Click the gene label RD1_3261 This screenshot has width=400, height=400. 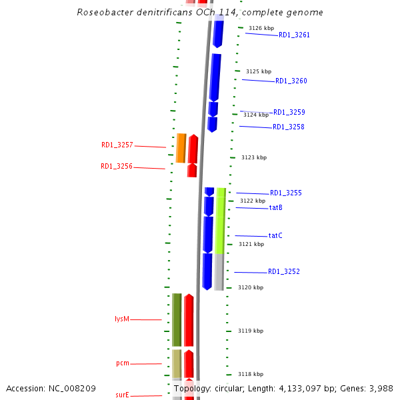click(x=294, y=35)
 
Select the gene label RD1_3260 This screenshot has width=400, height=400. click(x=291, y=81)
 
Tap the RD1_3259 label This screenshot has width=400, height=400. click(x=289, y=112)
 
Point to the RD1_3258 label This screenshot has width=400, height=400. click(x=289, y=127)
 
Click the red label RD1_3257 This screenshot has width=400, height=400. click(x=117, y=145)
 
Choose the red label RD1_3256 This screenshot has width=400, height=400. click(x=117, y=167)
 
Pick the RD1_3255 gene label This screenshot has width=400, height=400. click(x=286, y=193)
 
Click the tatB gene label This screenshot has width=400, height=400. click(x=276, y=207)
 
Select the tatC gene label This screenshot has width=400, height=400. click(x=275, y=235)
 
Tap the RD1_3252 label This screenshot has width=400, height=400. click(x=284, y=271)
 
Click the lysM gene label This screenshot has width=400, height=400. click(x=122, y=319)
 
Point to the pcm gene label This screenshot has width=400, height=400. click(x=123, y=363)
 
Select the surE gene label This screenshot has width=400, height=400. click(x=123, y=395)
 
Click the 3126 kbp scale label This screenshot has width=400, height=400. click(x=261, y=28)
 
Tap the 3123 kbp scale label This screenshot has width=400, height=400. click(x=253, y=157)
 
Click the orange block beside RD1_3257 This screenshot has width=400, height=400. click(x=181, y=148)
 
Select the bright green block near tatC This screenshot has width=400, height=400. click(x=219, y=220)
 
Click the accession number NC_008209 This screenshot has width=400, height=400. click(x=72, y=388)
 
